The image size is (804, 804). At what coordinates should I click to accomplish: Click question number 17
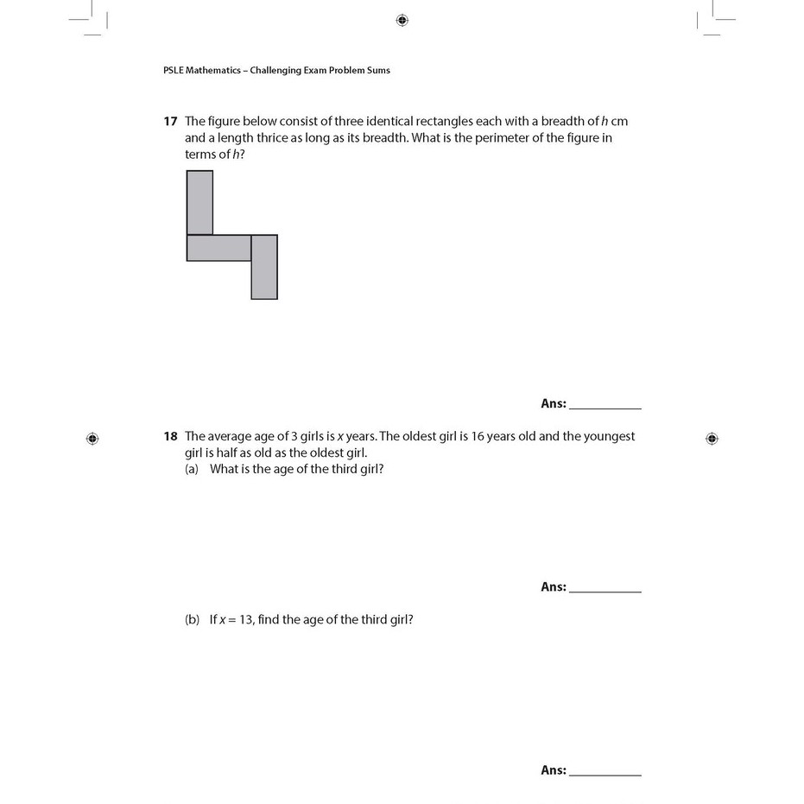click(170, 122)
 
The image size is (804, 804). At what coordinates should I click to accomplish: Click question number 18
click(170, 437)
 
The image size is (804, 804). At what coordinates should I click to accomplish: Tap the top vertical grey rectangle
click(199, 202)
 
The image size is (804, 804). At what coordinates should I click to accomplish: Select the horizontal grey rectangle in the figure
click(218, 248)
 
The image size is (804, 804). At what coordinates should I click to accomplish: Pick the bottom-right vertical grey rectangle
click(264, 267)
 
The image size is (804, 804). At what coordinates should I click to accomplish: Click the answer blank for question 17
click(605, 403)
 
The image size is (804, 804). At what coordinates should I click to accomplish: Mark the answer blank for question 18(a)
click(605, 587)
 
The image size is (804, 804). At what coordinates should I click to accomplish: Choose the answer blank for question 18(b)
click(605, 770)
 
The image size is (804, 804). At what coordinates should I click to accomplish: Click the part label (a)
click(192, 469)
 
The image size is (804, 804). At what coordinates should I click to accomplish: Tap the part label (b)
click(192, 619)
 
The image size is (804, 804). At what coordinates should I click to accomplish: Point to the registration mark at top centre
click(402, 20)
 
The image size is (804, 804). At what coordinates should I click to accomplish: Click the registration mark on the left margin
click(92, 439)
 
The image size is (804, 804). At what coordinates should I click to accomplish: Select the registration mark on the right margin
click(712, 439)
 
